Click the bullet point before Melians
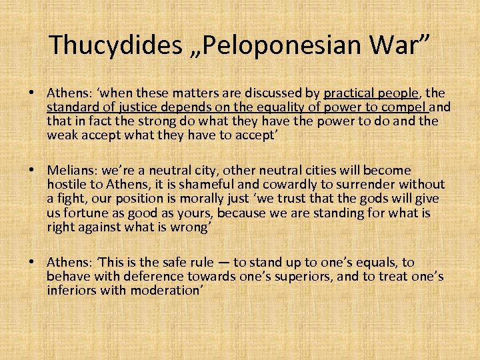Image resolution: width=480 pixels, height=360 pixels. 39,171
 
